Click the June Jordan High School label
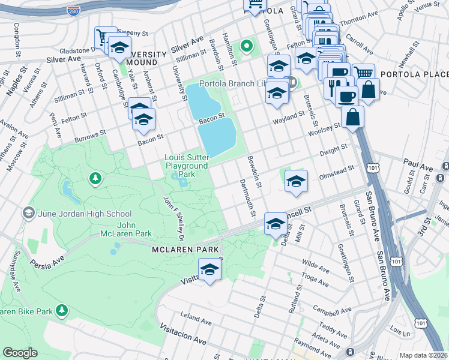[85, 214]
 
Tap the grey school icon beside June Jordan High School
[28, 213]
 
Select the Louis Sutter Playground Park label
[187, 166]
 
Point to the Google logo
[20, 353]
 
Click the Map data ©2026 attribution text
[423, 355]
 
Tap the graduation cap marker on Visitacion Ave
[209, 269]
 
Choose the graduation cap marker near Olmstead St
[295, 181]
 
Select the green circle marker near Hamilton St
[246, 46]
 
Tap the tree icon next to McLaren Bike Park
[61, 310]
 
